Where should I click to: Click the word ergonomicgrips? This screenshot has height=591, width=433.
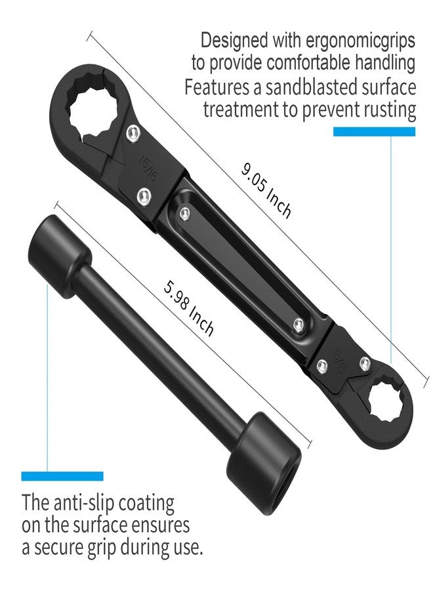tap(361, 40)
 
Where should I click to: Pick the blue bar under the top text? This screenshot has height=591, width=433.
tap(374, 131)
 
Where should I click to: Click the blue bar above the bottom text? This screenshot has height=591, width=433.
tap(62, 476)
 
